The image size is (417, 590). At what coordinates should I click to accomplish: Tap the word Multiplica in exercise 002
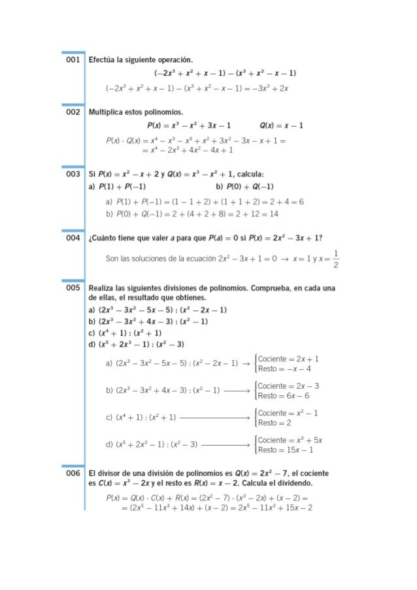point(108,112)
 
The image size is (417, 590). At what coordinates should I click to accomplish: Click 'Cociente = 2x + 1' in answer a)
point(288,359)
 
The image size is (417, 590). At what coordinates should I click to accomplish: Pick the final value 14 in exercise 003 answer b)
point(273,214)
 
